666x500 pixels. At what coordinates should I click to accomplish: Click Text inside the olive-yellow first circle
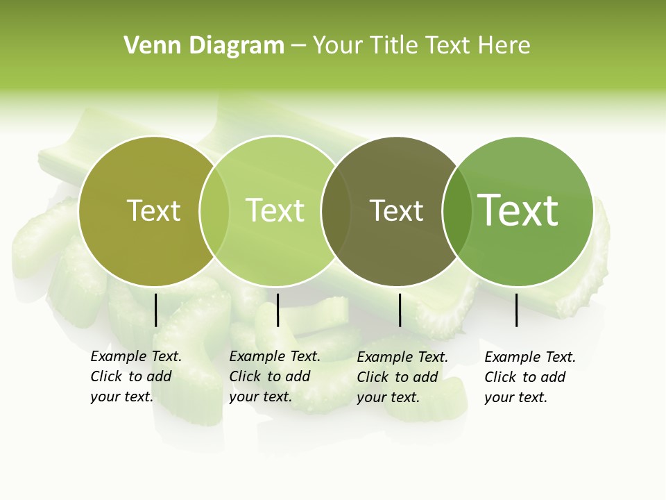pyautogui.click(x=153, y=210)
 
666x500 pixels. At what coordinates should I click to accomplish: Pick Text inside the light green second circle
pyautogui.click(x=275, y=210)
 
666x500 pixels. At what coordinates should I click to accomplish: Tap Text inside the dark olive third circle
pyautogui.click(x=396, y=210)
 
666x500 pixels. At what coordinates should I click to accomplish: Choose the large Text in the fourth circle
pyautogui.click(x=518, y=210)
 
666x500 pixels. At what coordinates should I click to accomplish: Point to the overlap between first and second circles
pyautogui.click(x=214, y=211)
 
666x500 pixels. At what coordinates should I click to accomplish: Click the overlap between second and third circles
pyautogui.click(x=336, y=211)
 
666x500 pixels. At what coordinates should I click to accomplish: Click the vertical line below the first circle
pyautogui.click(x=155, y=310)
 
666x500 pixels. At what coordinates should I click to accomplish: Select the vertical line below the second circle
pyautogui.click(x=277, y=310)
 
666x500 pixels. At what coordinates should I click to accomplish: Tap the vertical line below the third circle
pyautogui.click(x=400, y=310)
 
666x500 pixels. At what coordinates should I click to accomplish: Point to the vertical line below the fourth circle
pyautogui.click(x=517, y=310)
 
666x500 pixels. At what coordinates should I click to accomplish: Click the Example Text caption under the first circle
pyautogui.click(x=135, y=376)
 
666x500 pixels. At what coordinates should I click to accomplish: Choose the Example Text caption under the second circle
pyautogui.click(x=274, y=376)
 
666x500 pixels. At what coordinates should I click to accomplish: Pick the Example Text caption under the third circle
pyautogui.click(x=402, y=376)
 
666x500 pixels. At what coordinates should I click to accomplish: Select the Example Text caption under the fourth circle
pyautogui.click(x=529, y=376)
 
